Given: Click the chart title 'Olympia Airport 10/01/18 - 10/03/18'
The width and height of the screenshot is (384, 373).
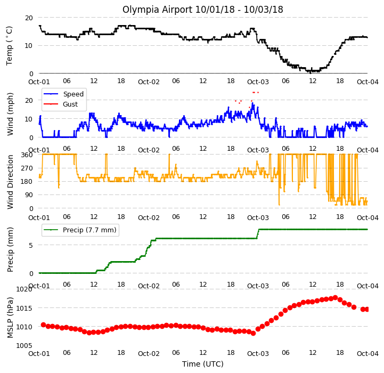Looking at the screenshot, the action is click(x=202, y=10).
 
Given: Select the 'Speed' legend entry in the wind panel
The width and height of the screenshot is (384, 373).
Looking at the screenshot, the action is click(x=73, y=94).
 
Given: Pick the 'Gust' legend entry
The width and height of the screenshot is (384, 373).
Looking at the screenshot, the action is click(x=70, y=104).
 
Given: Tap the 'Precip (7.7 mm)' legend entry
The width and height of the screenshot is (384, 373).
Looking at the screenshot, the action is click(x=89, y=230).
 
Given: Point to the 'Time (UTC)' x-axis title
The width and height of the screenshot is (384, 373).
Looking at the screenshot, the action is click(x=203, y=364).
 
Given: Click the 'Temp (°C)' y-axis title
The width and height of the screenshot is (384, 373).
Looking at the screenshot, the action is click(x=9, y=46).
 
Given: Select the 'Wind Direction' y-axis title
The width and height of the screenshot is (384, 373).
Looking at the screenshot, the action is click(x=10, y=182).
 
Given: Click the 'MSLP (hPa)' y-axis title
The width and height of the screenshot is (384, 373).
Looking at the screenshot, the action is click(x=10, y=318).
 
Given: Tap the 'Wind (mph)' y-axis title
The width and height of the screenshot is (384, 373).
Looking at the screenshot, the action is click(x=10, y=114).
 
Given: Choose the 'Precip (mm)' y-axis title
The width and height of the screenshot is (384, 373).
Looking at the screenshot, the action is click(x=10, y=249).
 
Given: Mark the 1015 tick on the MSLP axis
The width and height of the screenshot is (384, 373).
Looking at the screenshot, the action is click(x=24, y=308).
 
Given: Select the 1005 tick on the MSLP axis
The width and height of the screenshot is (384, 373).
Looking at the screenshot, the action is click(x=24, y=345).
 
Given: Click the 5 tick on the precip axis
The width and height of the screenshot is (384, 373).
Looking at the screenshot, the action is click(x=31, y=245).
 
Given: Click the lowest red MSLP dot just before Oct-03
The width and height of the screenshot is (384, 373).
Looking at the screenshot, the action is click(x=253, y=333).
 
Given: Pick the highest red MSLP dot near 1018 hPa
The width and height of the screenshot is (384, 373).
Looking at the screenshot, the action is click(x=335, y=297).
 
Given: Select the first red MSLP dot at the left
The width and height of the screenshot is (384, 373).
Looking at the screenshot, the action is click(x=43, y=325).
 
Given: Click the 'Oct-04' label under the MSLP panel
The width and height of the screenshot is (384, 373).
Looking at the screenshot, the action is click(x=367, y=354).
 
